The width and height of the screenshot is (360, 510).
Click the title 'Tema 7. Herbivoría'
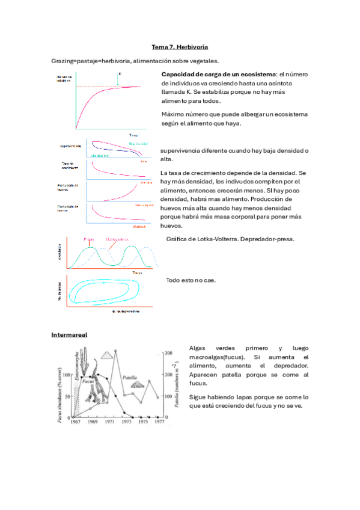click(180, 46)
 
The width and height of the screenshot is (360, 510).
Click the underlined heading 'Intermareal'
click(70, 334)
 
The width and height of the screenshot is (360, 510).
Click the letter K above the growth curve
click(120, 75)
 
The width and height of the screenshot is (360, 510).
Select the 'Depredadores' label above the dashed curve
click(118, 239)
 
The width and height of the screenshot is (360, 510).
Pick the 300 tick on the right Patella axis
click(169, 352)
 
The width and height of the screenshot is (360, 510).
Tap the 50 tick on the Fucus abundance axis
click(67, 396)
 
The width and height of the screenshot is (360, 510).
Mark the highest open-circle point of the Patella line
click(115, 351)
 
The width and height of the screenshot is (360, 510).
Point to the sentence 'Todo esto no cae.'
click(191, 281)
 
